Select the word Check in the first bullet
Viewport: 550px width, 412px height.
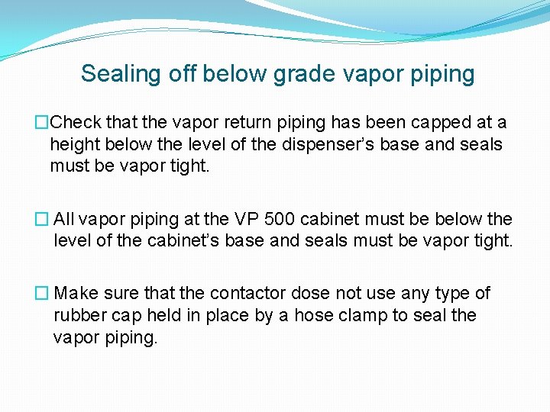[79, 123]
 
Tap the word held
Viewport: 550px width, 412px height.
[169, 316]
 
